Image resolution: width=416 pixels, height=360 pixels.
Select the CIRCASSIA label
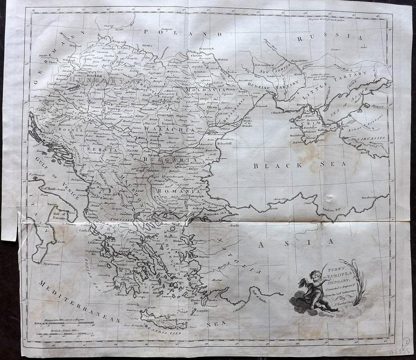tap(371, 138)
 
